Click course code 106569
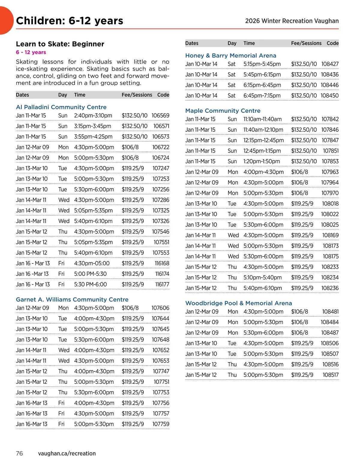click(x=160, y=116)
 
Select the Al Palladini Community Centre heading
click(x=61, y=107)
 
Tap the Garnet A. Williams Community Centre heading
click(x=72, y=299)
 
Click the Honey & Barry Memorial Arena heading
click(x=231, y=56)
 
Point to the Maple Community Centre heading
click(x=223, y=111)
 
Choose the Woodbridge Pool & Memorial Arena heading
click(x=238, y=303)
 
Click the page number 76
click(x=19, y=453)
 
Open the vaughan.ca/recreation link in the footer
click(x=67, y=453)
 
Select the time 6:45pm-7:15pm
click(x=262, y=96)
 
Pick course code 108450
click(x=329, y=96)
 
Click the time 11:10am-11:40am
click(x=262, y=119)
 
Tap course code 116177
click(x=162, y=284)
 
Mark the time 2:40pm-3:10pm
click(x=93, y=116)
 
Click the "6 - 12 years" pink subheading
click(x=31, y=52)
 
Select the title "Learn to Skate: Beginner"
click(x=60, y=44)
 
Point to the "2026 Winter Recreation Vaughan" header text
click(x=292, y=21)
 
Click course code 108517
click(x=331, y=375)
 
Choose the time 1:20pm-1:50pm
click(x=262, y=161)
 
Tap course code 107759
click(x=161, y=424)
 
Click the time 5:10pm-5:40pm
click(x=262, y=278)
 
